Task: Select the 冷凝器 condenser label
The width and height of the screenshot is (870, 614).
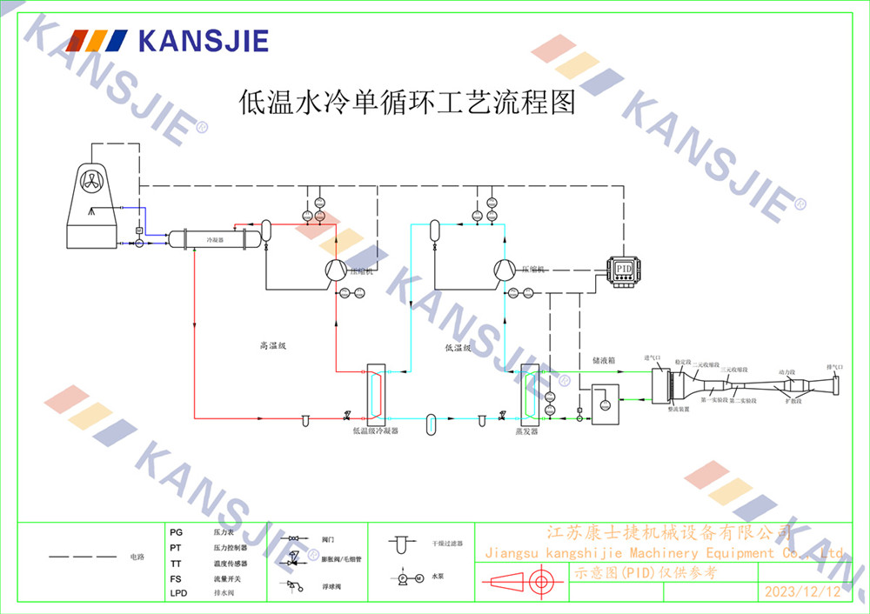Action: (x=213, y=238)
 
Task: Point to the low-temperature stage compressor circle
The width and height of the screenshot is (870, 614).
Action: (x=504, y=270)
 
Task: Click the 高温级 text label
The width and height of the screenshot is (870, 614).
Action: (x=272, y=346)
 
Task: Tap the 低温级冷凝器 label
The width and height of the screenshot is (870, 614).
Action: (x=375, y=430)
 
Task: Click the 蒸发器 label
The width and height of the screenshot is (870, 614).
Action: (x=527, y=430)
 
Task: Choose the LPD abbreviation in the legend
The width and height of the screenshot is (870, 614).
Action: (x=178, y=593)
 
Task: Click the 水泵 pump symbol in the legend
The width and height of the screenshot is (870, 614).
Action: (x=408, y=577)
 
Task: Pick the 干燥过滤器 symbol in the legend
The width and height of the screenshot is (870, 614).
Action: (x=401, y=544)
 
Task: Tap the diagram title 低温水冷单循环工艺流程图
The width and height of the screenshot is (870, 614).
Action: (x=407, y=103)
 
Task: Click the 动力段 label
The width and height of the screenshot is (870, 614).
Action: (x=786, y=370)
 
